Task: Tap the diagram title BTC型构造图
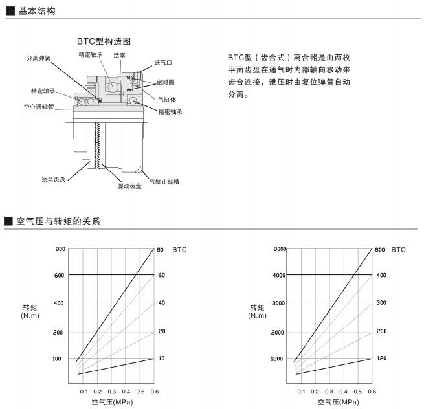pyautogui.click(x=104, y=41)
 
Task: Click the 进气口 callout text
pyautogui.click(x=163, y=63)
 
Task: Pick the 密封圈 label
pyautogui.click(x=166, y=82)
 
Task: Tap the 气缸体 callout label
pyautogui.click(x=167, y=100)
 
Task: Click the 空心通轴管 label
pyautogui.click(x=39, y=107)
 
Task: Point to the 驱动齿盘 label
pyautogui.click(x=129, y=186)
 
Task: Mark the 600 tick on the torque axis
pyautogui.click(x=60, y=275)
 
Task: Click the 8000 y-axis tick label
pyautogui.click(x=280, y=249)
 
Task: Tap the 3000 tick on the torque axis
pyautogui.click(x=279, y=303)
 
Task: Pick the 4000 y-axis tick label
pyautogui.click(x=279, y=276)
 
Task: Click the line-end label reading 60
pyautogui.click(x=162, y=276)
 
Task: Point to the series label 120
pyautogui.click(x=381, y=359)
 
